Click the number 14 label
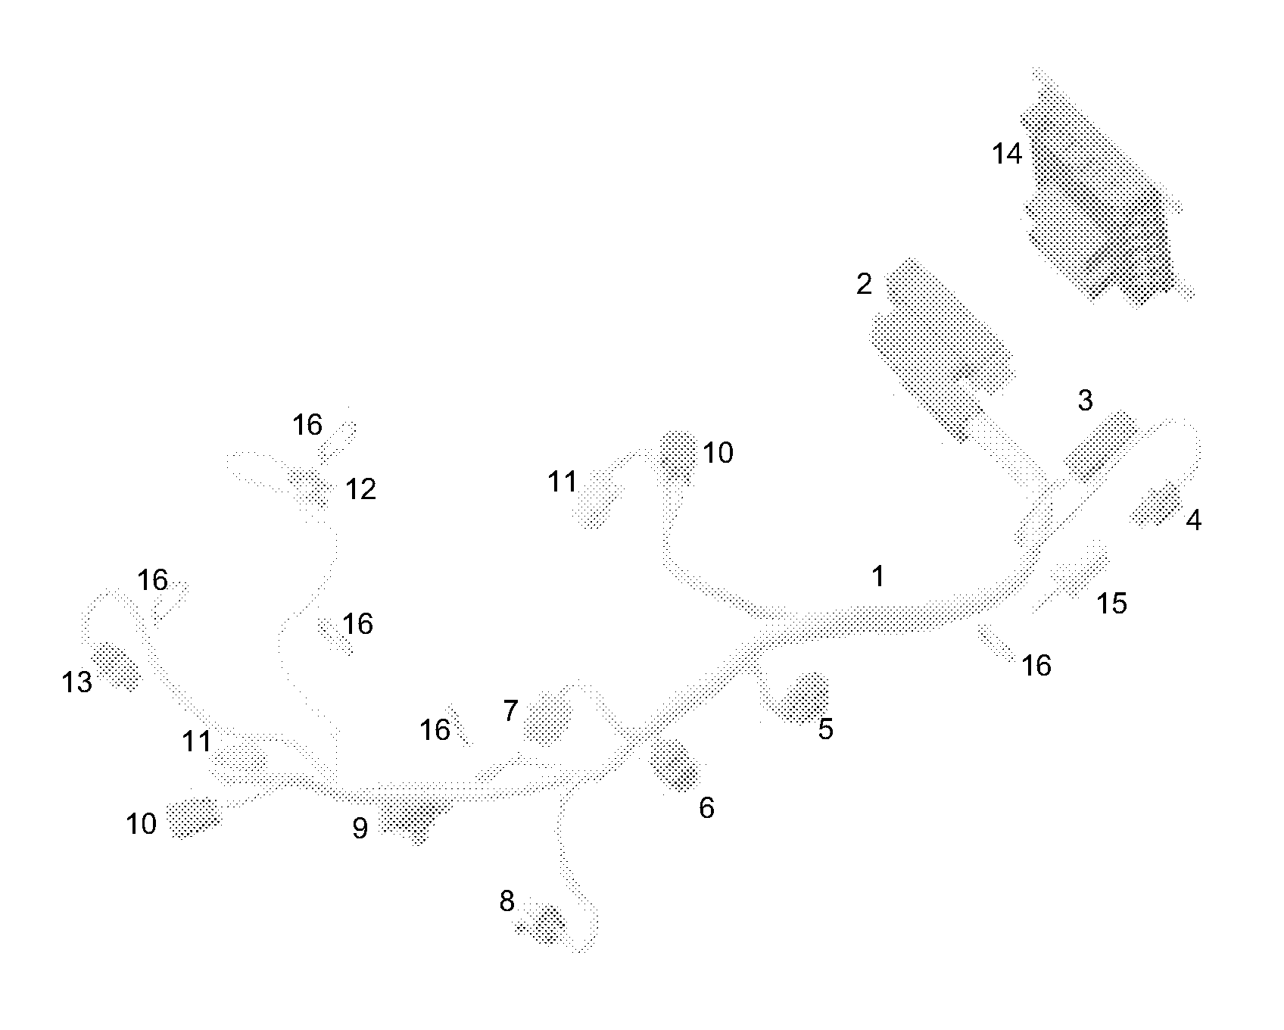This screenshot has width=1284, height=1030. point(1007,154)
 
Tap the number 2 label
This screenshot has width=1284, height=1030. point(864,286)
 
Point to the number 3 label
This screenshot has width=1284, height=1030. point(1085,401)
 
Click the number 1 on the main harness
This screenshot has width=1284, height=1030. point(877,577)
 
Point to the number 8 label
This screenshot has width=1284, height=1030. point(506,901)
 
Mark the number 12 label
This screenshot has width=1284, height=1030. point(360,490)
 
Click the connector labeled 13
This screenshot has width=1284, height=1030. point(116,666)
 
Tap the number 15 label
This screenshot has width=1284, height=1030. point(1112,604)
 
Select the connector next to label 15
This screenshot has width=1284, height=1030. point(1079,571)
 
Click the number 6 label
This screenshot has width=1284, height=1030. point(706,808)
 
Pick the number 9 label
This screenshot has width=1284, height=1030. point(360,829)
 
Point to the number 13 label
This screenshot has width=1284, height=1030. point(77,683)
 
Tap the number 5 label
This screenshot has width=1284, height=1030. point(825,729)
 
